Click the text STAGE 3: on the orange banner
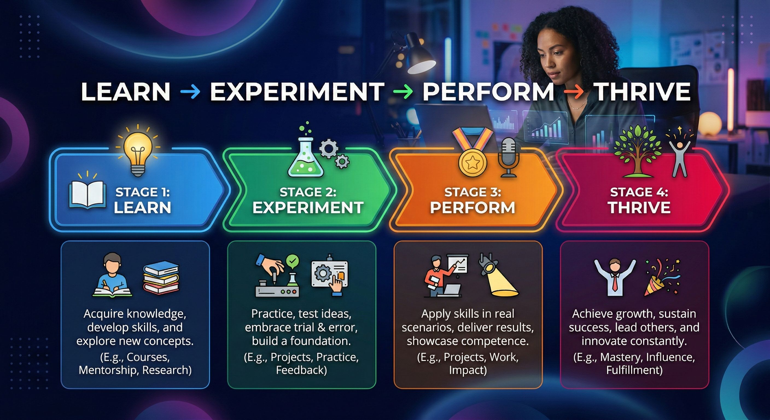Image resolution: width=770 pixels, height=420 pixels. (x=472, y=192)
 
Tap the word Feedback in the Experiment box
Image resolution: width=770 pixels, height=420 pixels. (x=301, y=370)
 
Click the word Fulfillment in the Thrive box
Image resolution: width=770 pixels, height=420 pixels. (x=634, y=370)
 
